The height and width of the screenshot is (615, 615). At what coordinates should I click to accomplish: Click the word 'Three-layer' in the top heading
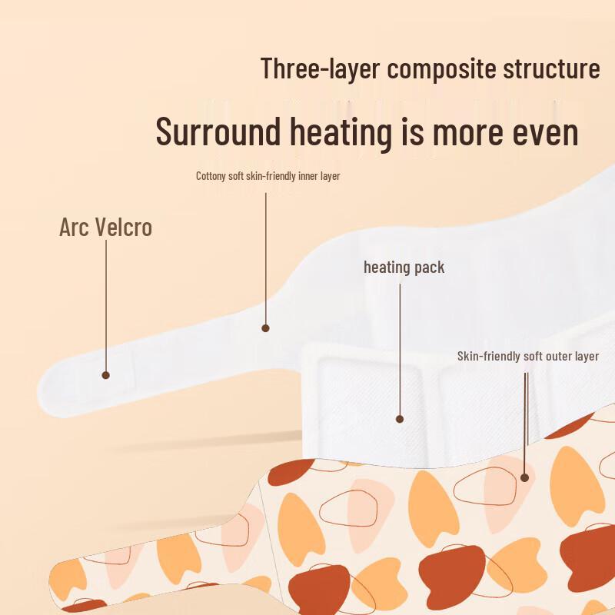click(x=320, y=69)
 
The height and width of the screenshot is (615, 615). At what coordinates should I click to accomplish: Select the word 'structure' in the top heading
click(x=551, y=68)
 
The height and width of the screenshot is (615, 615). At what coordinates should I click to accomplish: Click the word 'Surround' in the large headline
click(x=218, y=131)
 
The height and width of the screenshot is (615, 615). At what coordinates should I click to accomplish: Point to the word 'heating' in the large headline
click(x=341, y=133)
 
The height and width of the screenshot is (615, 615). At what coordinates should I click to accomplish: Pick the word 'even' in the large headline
click(x=545, y=133)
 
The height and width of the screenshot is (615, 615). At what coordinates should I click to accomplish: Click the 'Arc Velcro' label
click(x=105, y=227)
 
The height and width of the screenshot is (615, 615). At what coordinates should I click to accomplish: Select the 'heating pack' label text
click(x=404, y=268)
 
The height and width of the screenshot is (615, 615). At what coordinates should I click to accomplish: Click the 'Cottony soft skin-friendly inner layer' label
click(x=268, y=176)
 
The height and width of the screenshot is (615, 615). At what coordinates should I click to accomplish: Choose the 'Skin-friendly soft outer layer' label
click(x=528, y=356)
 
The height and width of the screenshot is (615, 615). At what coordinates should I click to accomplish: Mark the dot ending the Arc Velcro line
click(x=105, y=375)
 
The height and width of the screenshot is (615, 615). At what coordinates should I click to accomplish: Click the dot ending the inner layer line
click(x=265, y=328)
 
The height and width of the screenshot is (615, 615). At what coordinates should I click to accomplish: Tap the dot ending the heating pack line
click(x=400, y=419)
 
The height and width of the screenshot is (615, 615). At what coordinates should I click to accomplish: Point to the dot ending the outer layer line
click(x=525, y=477)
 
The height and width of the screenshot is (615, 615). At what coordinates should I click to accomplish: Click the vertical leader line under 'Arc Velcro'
click(x=106, y=306)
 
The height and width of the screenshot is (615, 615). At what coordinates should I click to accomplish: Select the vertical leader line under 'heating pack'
click(x=400, y=350)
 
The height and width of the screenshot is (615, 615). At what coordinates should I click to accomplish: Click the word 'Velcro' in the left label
click(x=123, y=227)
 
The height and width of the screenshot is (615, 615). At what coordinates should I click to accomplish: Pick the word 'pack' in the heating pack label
click(x=430, y=268)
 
